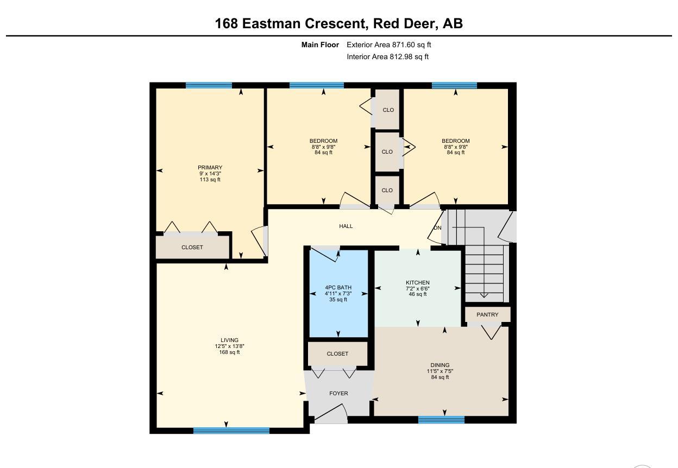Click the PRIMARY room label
210,168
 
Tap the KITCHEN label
418,282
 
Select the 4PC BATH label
338,287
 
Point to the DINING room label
440,365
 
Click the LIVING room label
229,340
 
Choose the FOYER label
338,393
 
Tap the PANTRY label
487,314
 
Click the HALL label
346,226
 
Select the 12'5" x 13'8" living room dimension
229,346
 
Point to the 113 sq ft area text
210,179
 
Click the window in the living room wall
231,431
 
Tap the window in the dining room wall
441,420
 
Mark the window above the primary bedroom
209,85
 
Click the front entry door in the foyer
331,414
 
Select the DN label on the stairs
438,228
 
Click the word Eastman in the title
272,23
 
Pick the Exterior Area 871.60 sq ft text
388,45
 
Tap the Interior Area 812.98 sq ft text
388,56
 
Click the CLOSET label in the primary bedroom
192,247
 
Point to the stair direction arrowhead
484,295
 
